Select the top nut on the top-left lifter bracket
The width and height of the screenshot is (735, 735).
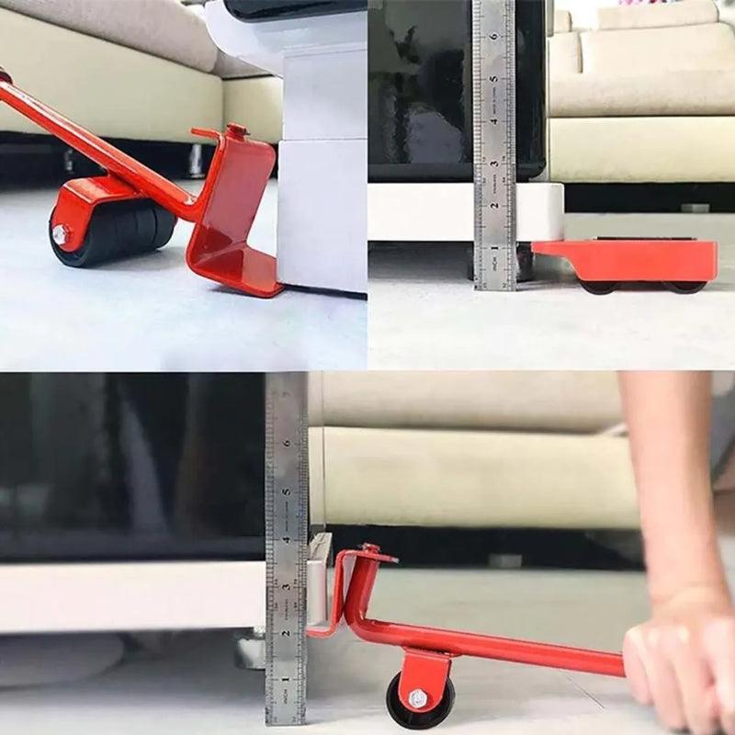(x=236, y=130)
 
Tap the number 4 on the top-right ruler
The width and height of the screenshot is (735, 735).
(x=494, y=119)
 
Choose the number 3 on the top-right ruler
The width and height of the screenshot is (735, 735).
(x=494, y=163)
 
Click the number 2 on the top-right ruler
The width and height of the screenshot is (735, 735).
(x=494, y=205)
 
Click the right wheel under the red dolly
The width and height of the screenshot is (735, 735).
(x=684, y=286)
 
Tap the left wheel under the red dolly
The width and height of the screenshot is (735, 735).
(x=599, y=286)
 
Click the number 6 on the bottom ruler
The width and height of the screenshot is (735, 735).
(x=287, y=444)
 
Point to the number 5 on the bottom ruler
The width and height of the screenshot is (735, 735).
(x=287, y=492)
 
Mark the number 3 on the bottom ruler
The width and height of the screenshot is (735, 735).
(x=287, y=586)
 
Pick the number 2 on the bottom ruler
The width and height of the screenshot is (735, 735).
(x=287, y=634)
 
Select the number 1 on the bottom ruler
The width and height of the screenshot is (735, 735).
(x=287, y=681)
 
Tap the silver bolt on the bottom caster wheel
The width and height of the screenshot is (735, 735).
(x=418, y=698)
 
